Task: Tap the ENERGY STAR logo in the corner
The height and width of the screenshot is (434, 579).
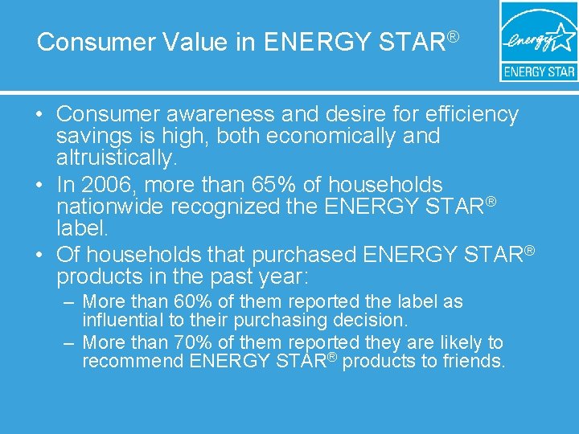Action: coord(538,41)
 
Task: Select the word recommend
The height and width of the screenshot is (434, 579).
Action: coord(133,362)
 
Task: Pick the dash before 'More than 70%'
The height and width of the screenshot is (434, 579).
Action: coord(69,343)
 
